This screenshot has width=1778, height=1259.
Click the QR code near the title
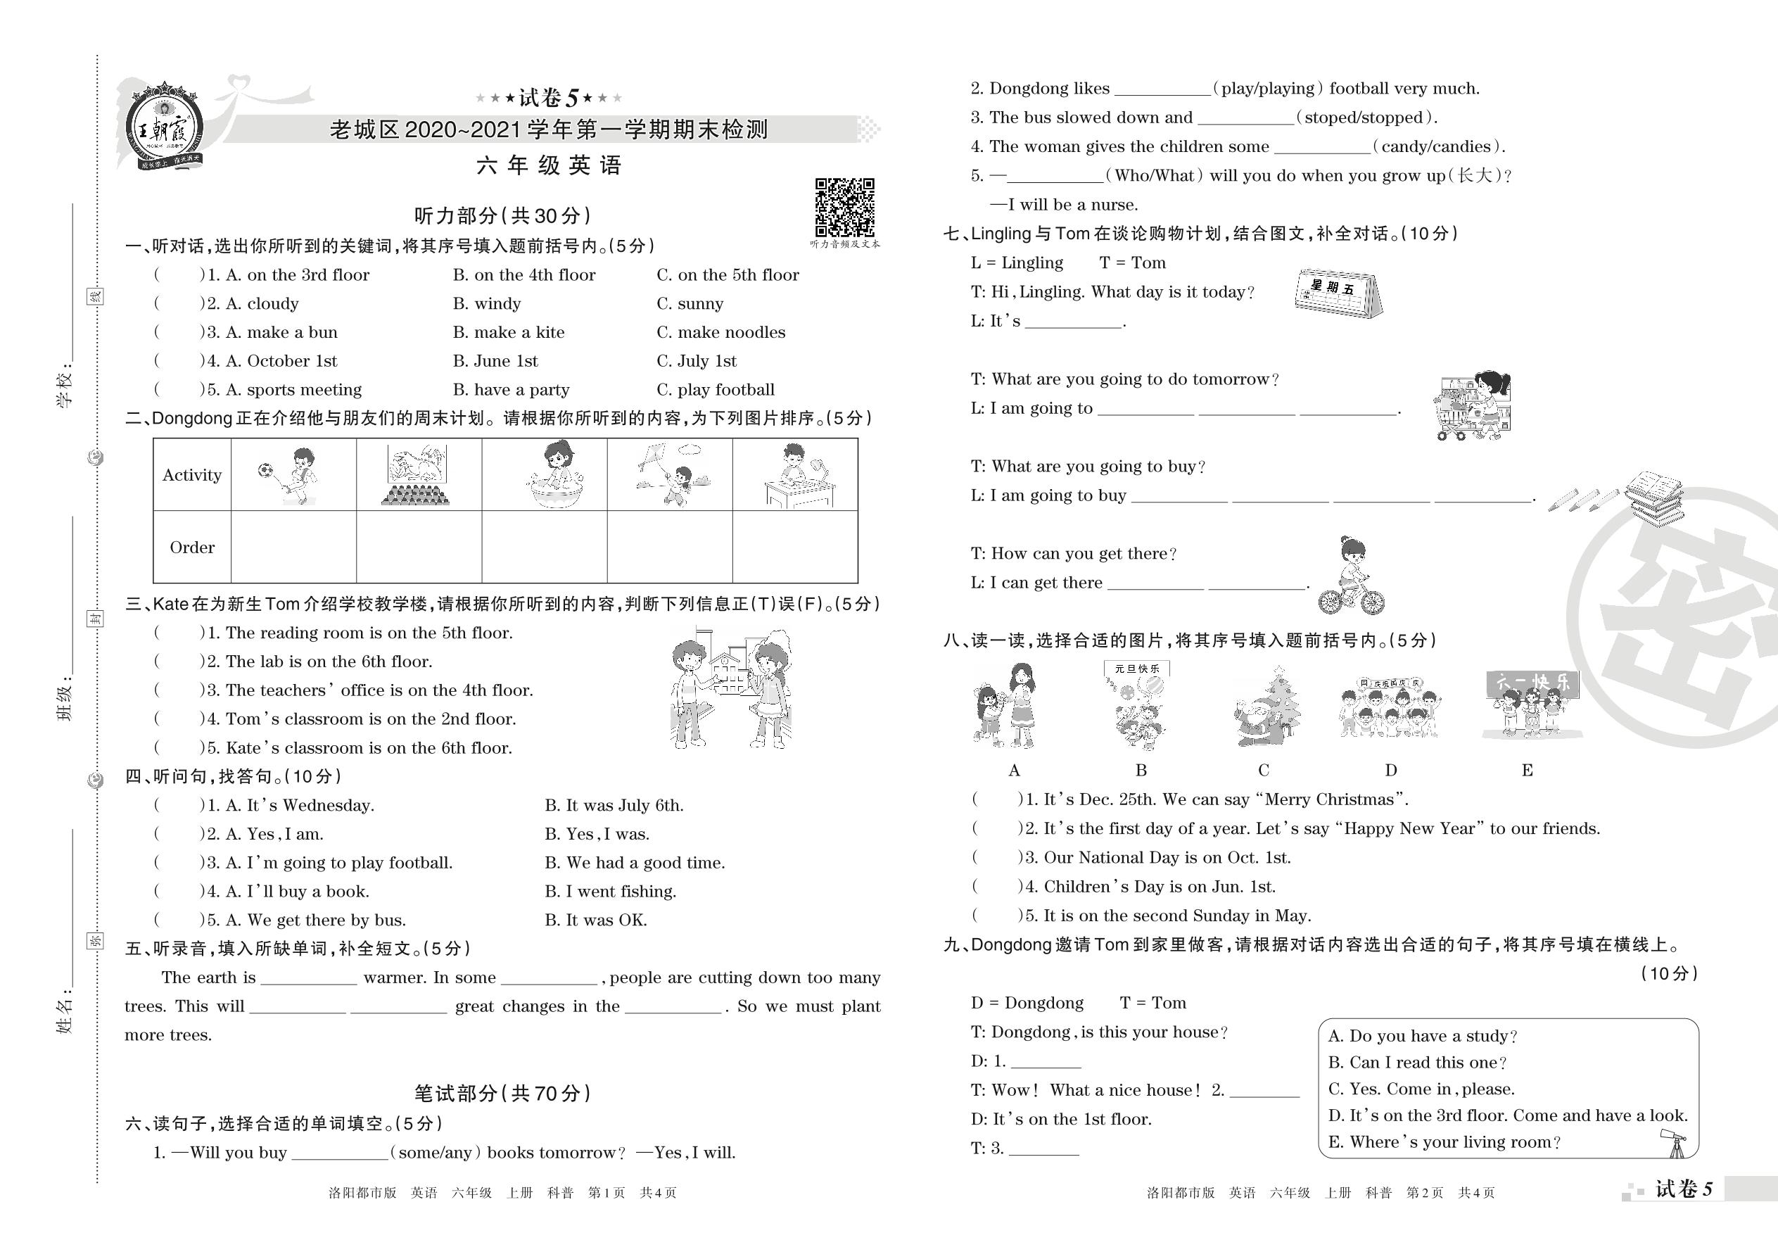click(x=844, y=207)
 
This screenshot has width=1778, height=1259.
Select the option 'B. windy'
click(x=487, y=304)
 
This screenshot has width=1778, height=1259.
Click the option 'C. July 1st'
click(x=696, y=361)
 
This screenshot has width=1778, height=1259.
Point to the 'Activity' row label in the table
click(x=192, y=475)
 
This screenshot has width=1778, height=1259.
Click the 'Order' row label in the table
click(x=192, y=548)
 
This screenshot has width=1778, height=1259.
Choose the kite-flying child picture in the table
click(x=669, y=474)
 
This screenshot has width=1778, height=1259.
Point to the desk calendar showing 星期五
click(x=1338, y=293)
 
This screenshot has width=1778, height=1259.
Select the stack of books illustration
click(x=1653, y=497)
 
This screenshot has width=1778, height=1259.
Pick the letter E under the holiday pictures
click(x=1527, y=771)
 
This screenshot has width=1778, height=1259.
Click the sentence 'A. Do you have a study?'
click(x=1422, y=1037)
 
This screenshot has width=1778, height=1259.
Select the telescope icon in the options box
click(x=1675, y=1142)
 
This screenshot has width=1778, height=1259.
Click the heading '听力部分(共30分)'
click(x=502, y=215)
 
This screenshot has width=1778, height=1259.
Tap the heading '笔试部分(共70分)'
click(x=502, y=1093)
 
